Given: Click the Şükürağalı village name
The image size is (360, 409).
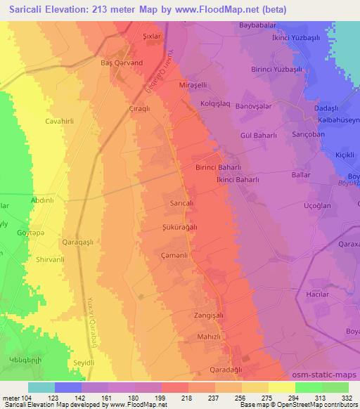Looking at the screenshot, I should [x=180, y=227].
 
